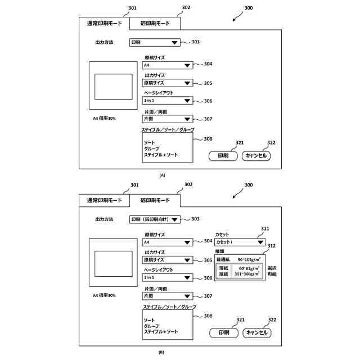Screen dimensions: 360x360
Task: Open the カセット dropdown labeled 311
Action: [240, 242]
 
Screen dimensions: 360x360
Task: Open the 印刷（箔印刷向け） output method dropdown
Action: [155, 219]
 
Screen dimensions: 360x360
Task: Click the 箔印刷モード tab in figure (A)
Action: [155, 23]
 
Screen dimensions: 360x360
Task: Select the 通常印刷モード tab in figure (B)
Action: [104, 200]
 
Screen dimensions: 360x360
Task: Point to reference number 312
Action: [272, 245]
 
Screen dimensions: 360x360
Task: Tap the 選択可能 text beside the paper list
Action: [271, 271]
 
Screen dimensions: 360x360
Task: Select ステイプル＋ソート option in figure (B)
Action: [161, 332]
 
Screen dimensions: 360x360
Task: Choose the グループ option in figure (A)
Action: [152, 148]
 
